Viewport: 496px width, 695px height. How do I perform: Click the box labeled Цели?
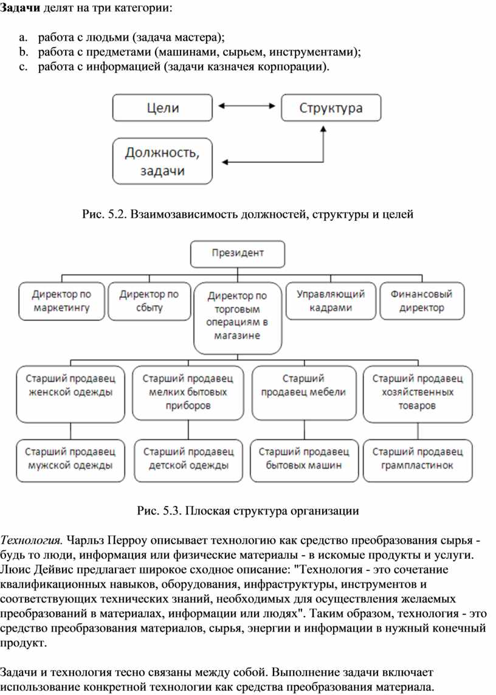[x=162, y=108]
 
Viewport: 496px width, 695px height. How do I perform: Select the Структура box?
[x=331, y=108]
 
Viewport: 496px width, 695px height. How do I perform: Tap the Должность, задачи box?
[x=162, y=161]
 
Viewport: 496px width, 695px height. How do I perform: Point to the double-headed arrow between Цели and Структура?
[x=247, y=106]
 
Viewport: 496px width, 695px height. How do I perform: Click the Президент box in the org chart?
[x=238, y=254]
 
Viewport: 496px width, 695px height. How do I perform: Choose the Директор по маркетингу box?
[x=61, y=301]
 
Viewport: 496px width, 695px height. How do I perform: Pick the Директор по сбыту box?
[x=150, y=301]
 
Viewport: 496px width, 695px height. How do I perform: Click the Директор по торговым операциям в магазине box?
[x=238, y=318]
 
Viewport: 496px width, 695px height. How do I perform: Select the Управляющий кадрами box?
[x=331, y=301]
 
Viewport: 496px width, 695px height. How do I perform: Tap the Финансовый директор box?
[x=422, y=301]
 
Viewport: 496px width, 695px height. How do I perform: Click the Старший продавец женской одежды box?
[x=71, y=394]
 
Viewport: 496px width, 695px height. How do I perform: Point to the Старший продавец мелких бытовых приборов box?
[x=188, y=393]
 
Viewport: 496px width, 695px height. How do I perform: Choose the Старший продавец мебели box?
[x=304, y=393]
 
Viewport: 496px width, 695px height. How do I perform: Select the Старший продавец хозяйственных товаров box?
[x=418, y=394]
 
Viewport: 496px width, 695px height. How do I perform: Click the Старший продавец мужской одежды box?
[x=71, y=460]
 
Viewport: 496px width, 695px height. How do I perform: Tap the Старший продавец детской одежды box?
[x=188, y=460]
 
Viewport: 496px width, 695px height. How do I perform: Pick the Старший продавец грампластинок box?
[x=418, y=460]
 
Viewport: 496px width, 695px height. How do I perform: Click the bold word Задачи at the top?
[x=20, y=9]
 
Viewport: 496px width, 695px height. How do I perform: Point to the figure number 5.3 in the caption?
[x=172, y=511]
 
